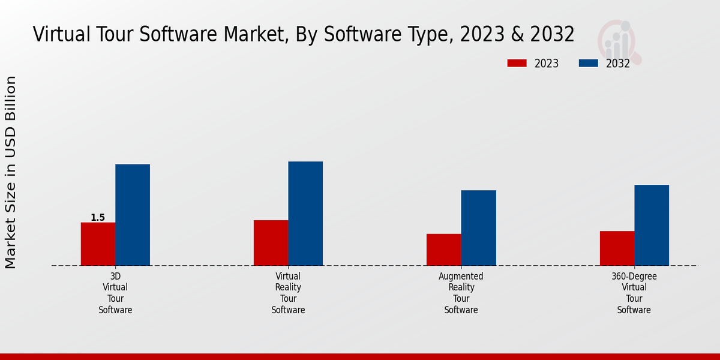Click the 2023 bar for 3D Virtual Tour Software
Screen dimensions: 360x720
click(x=98, y=244)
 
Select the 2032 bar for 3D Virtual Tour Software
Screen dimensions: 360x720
click(x=133, y=215)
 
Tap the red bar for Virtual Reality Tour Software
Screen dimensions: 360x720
click(x=271, y=243)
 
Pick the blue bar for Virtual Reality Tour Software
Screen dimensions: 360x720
click(x=305, y=214)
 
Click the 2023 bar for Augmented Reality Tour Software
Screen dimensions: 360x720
click(x=444, y=250)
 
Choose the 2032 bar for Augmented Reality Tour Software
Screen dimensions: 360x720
click(x=479, y=228)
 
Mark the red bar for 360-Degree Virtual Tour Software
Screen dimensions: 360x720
click(x=617, y=248)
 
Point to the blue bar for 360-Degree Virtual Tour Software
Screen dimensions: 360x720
click(x=652, y=225)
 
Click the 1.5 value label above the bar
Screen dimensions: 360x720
click(x=98, y=218)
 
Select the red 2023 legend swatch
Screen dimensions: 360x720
click(x=517, y=63)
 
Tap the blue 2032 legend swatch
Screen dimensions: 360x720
click(x=589, y=63)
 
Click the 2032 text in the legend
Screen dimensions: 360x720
click(x=618, y=64)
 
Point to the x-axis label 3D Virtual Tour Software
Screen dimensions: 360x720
click(x=115, y=293)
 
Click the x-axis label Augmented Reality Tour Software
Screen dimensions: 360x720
click(x=461, y=293)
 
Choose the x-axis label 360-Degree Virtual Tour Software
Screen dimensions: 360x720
click(x=634, y=293)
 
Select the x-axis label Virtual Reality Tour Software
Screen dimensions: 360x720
click(x=288, y=293)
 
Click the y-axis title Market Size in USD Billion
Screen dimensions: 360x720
click(x=11, y=172)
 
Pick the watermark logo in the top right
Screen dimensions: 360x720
click(x=618, y=41)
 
